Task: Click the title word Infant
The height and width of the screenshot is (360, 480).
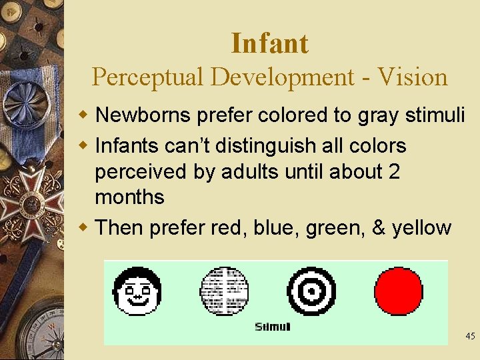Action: click(x=269, y=44)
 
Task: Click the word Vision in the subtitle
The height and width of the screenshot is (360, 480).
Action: click(x=412, y=77)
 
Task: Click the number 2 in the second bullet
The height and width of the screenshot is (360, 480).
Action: click(x=393, y=171)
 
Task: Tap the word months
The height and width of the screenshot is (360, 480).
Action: click(x=129, y=197)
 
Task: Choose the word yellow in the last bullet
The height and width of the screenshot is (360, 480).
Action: click(x=421, y=228)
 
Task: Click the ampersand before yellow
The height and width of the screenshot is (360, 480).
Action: click(x=378, y=228)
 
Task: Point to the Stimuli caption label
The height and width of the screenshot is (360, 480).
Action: click(x=273, y=327)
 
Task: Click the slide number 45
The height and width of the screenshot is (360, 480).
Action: click(x=470, y=337)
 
